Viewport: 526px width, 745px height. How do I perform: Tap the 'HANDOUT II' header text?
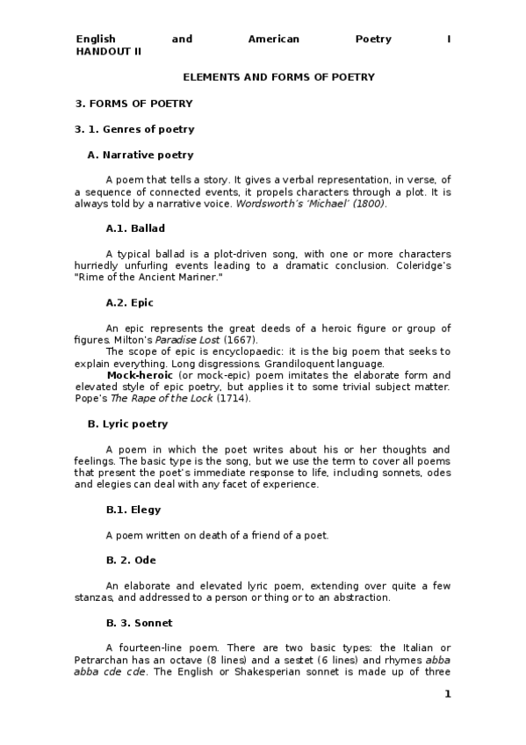coord(109,51)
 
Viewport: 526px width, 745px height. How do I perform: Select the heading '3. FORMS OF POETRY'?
coord(133,104)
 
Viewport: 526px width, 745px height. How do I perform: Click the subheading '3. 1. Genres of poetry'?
coord(134,129)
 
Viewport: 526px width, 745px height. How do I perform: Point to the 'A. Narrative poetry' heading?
coord(141,155)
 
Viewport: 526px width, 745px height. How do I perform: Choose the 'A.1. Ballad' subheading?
coord(135,228)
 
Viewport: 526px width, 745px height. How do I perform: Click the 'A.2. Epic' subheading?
coord(129,303)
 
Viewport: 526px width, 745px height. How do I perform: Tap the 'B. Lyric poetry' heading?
coord(128,423)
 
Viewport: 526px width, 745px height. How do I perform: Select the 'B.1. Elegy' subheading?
coord(133,510)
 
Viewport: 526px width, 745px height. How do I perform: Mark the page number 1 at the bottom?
coord(447,694)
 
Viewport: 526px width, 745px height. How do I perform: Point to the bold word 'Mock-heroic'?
coord(133,374)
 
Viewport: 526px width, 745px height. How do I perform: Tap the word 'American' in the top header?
coord(274,40)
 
